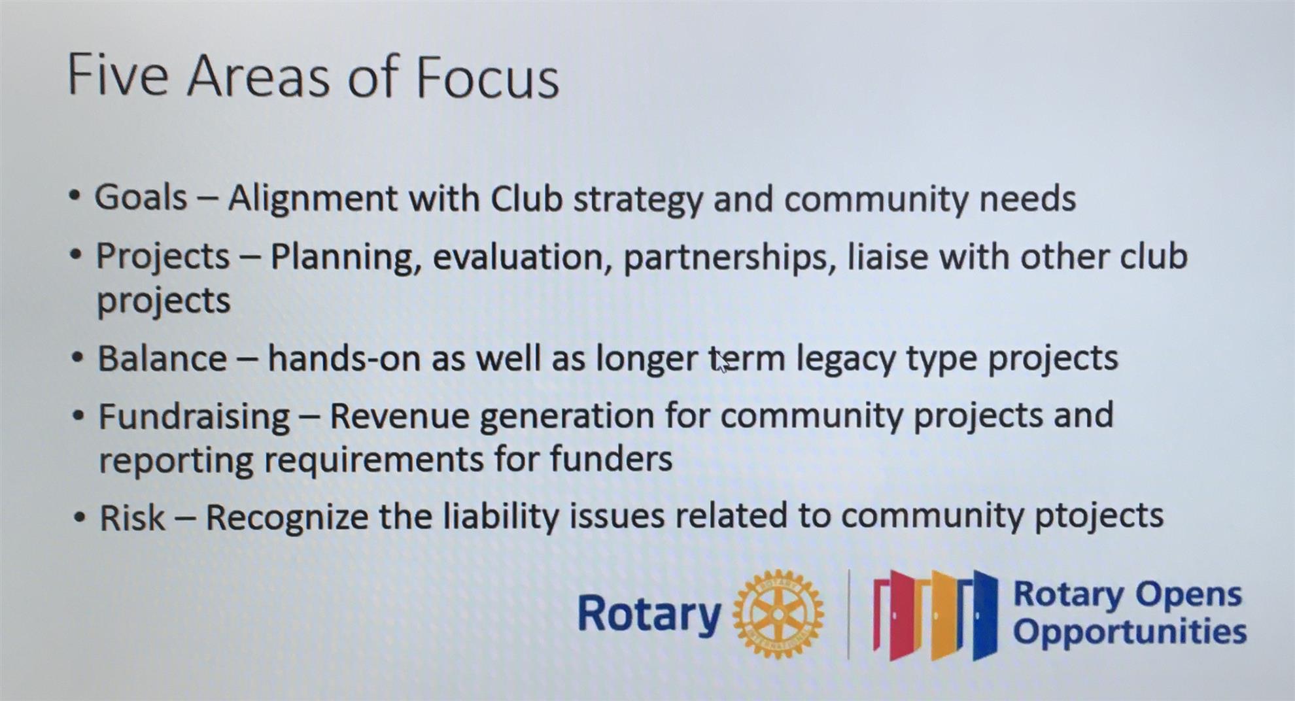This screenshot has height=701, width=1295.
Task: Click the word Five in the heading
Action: pos(118,75)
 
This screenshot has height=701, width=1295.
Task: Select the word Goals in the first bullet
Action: pos(141,197)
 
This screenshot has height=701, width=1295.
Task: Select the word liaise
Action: pos(888,256)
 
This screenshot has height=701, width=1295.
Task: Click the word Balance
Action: pos(162,358)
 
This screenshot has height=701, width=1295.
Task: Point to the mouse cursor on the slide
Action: pos(721,362)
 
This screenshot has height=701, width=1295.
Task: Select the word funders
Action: pos(611,458)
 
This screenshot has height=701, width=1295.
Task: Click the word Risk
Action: pos(132,517)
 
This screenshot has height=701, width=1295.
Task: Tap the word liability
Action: pos(501,517)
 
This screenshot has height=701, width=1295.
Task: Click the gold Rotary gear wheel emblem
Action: pos(778,613)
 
